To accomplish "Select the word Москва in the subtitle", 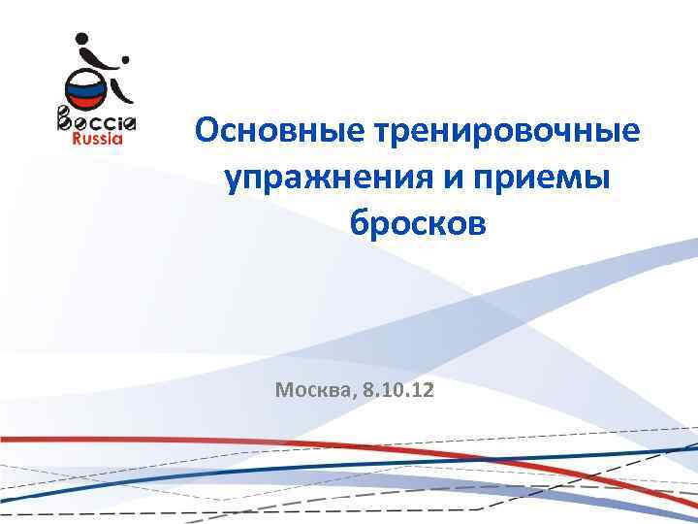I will click(314, 391).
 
